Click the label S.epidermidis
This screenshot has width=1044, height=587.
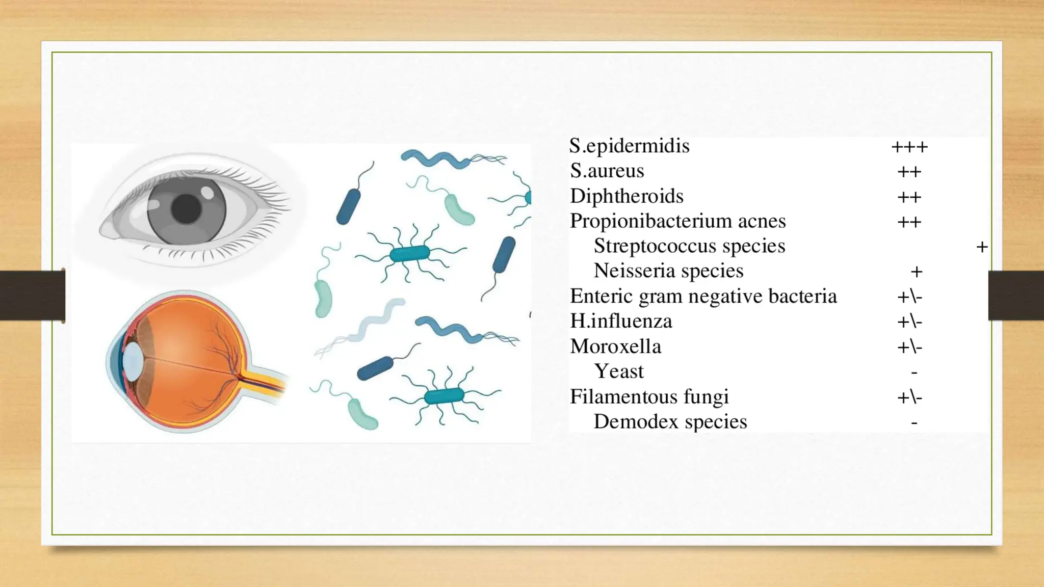(629, 146)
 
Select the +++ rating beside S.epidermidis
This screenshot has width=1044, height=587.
(909, 147)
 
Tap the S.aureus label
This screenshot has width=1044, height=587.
(607, 171)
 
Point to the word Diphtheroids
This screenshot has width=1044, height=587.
(627, 196)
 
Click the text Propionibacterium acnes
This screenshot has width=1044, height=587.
(677, 221)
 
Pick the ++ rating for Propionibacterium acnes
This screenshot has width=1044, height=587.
(909, 222)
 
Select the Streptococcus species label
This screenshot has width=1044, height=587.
(689, 246)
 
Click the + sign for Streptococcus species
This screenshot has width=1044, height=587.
(982, 247)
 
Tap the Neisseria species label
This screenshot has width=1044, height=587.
(668, 271)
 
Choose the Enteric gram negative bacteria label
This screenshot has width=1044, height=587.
(703, 296)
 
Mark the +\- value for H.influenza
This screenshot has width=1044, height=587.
(909, 322)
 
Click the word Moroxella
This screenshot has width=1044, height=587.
(615, 346)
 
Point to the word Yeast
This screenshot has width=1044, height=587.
(619, 371)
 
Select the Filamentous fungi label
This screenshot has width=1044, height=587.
(649, 396)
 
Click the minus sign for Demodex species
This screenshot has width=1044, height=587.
(915, 422)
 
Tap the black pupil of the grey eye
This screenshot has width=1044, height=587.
(186, 208)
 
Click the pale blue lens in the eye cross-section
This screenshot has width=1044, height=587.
(133, 361)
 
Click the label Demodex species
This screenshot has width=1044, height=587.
(670, 422)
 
